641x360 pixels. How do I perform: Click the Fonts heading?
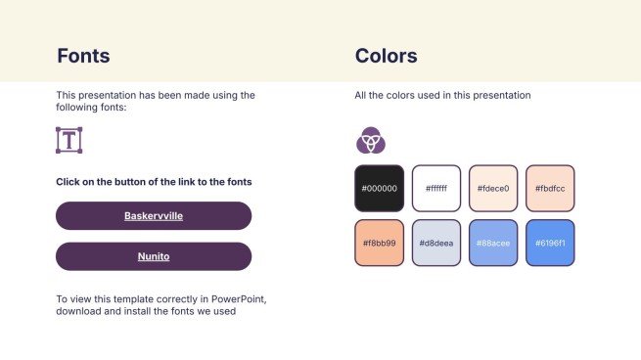[83, 56]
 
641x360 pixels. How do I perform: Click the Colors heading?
[386, 56]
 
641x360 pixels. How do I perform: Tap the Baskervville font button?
[154, 216]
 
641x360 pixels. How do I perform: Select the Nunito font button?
[154, 256]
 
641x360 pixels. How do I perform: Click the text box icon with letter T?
[69, 140]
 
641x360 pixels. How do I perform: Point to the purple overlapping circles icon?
[371, 140]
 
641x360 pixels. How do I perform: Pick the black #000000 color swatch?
[380, 189]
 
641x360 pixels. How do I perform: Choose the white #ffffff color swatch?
[436, 189]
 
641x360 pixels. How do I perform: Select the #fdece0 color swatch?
[493, 189]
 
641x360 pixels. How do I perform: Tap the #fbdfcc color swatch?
[550, 189]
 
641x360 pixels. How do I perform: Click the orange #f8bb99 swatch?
[380, 244]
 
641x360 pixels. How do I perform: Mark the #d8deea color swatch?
[436, 244]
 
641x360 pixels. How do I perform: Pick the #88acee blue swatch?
[493, 244]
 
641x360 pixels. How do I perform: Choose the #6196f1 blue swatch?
[550, 244]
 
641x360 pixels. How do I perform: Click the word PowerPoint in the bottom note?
[238, 299]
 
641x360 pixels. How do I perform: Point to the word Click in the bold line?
[68, 182]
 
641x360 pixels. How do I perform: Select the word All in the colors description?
[360, 95]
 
